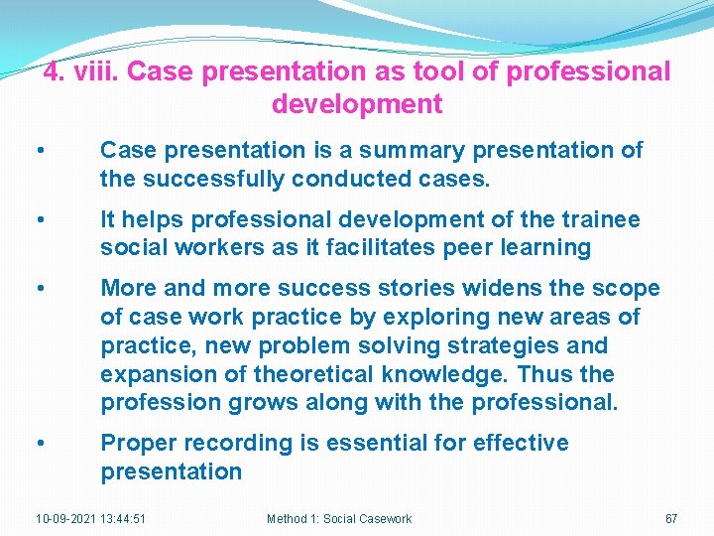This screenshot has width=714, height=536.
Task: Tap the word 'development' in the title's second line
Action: point(356,103)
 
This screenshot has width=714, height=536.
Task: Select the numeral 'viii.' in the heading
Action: point(96,72)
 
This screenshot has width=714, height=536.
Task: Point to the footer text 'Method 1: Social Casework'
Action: point(339,519)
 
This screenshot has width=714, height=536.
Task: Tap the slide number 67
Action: point(671,519)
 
